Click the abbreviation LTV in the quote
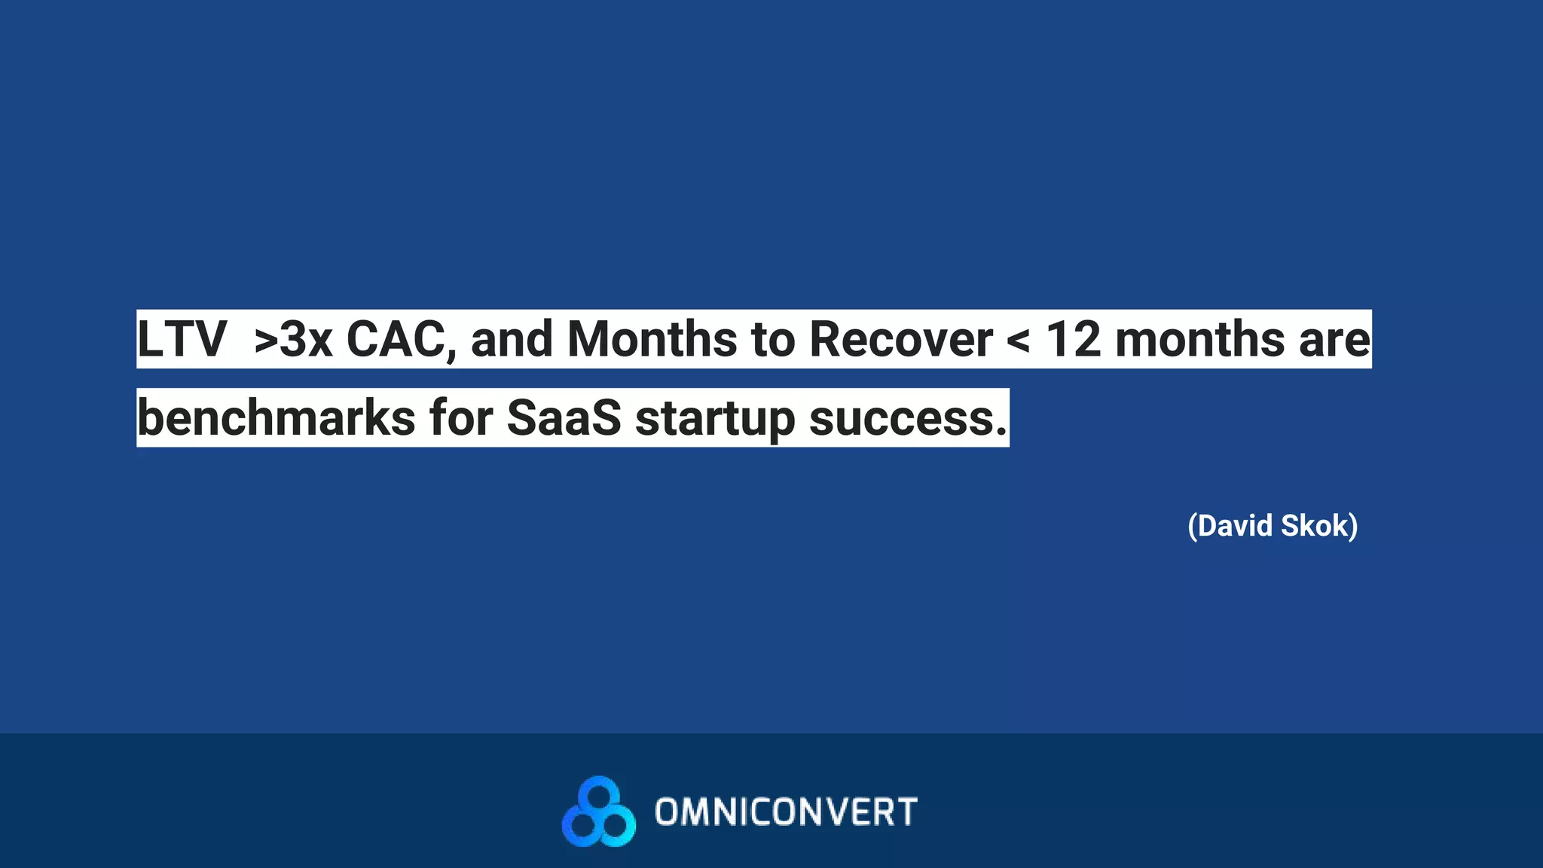click(x=182, y=340)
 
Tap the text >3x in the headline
click(x=293, y=340)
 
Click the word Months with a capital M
click(x=652, y=340)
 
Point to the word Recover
click(x=900, y=340)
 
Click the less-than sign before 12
click(x=1019, y=341)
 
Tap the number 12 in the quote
click(x=1073, y=340)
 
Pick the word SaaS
click(x=564, y=418)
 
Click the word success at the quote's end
click(x=906, y=419)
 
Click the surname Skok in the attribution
click(x=1318, y=526)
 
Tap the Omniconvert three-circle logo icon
click(x=599, y=812)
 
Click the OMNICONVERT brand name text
click(x=786, y=812)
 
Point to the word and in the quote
click(x=512, y=340)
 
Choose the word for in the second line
click(x=461, y=418)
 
